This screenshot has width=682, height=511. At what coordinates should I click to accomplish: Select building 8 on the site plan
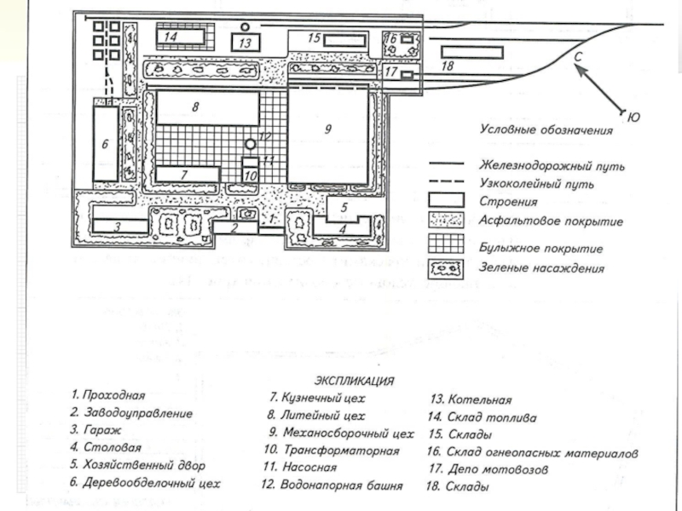(205, 108)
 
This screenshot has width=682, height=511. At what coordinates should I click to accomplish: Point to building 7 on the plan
(185, 174)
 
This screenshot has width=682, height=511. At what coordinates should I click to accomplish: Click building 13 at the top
(245, 42)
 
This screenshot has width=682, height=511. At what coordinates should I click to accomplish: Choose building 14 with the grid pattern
(182, 37)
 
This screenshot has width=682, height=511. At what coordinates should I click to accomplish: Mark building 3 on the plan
(117, 226)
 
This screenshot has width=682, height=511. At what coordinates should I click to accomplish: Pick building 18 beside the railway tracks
(470, 53)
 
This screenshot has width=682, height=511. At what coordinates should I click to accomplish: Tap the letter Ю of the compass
(633, 118)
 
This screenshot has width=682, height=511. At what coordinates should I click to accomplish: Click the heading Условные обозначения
(546, 130)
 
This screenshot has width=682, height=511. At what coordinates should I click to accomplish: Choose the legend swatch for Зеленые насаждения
(446, 268)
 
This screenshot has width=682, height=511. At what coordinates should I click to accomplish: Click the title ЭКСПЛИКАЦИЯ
(354, 380)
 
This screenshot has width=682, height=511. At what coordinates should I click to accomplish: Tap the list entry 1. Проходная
(109, 395)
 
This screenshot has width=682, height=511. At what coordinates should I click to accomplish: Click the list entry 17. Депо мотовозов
(483, 469)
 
